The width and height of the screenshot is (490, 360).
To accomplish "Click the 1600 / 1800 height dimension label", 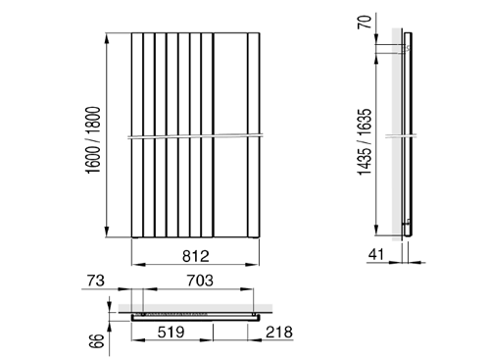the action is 93,140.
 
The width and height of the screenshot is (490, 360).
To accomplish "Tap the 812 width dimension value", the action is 196,256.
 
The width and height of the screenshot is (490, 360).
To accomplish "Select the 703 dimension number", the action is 200,281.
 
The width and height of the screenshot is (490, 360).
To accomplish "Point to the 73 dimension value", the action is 96,281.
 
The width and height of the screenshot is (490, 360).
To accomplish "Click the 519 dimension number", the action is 171,333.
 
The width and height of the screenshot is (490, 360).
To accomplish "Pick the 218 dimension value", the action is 279,333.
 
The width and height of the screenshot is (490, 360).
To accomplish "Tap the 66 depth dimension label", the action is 98,341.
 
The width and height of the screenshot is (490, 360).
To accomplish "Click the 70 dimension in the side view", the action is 365,22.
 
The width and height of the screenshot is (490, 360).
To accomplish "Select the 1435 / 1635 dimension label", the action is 365,142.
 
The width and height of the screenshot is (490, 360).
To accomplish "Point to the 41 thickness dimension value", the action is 376,254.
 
